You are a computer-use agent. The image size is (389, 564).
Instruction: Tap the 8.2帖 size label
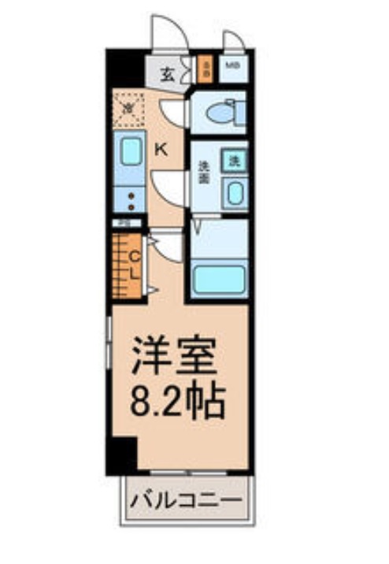click(x=178, y=403)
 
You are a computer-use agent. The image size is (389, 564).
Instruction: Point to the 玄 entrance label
click(x=167, y=76)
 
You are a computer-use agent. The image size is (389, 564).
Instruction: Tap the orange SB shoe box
click(x=206, y=69)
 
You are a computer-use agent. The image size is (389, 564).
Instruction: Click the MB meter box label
click(x=234, y=66)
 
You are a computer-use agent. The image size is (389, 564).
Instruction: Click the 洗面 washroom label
click(x=203, y=172)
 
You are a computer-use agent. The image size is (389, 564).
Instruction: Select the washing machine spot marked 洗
click(x=234, y=160)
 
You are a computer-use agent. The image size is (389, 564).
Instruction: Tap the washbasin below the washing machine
click(x=234, y=191)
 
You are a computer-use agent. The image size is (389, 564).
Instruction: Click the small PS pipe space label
click(x=123, y=223)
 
